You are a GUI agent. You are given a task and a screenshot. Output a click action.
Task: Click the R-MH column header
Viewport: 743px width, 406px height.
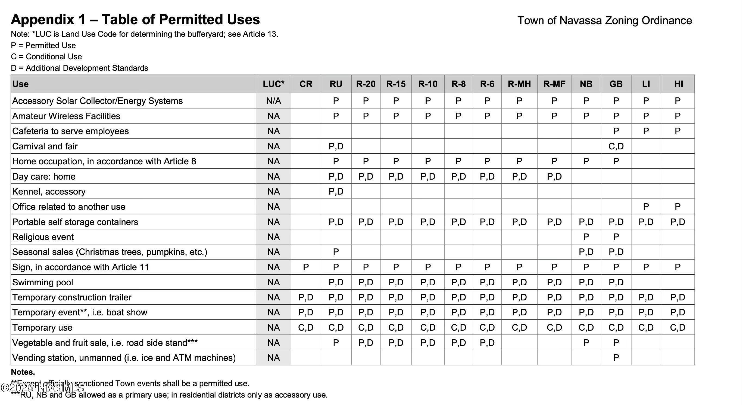[519, 84]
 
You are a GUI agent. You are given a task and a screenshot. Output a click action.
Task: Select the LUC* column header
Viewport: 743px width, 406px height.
[273, 84]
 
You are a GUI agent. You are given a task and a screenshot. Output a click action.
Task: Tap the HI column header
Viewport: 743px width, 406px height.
[678, 84]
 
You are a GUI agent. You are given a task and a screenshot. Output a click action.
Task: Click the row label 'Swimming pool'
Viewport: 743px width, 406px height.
[43, 282]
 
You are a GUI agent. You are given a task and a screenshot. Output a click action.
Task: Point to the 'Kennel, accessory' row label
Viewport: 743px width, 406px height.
[49, 192]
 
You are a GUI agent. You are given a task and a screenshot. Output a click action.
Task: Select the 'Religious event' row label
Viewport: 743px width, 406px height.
[43, 237]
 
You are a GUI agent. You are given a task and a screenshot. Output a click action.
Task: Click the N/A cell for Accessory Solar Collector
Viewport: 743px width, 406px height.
[273, 101]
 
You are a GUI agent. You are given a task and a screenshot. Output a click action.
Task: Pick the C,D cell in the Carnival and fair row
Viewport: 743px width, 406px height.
[616, 146]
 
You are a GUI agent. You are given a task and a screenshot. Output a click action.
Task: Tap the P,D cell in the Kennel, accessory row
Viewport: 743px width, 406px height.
[336, 192]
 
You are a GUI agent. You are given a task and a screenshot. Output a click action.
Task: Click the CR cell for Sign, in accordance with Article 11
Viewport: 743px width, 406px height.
[306, 267]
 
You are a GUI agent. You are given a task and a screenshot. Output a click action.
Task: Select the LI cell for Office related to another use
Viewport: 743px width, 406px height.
[646, 207]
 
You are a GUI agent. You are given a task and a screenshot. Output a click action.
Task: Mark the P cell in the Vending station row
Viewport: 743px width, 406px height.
[616, 358]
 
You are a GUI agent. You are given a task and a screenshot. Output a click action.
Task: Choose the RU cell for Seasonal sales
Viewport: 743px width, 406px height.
[336, 252]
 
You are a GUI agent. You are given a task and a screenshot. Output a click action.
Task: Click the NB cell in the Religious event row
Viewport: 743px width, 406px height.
[586, 237]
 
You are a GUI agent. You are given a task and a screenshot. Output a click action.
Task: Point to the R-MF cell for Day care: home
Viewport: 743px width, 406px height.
[554, 176]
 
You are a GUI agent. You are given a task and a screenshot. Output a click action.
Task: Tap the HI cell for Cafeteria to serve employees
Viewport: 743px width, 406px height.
[678, 131]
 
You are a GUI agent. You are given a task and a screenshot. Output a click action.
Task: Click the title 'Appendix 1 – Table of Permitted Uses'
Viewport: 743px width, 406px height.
[135, 20]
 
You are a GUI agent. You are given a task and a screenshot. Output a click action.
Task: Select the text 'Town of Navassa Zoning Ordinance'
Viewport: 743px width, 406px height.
[605, 20]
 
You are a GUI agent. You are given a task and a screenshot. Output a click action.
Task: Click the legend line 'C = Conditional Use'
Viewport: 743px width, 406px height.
[46, 57]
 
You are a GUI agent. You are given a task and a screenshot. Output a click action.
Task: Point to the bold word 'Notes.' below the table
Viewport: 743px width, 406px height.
[23, 372]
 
